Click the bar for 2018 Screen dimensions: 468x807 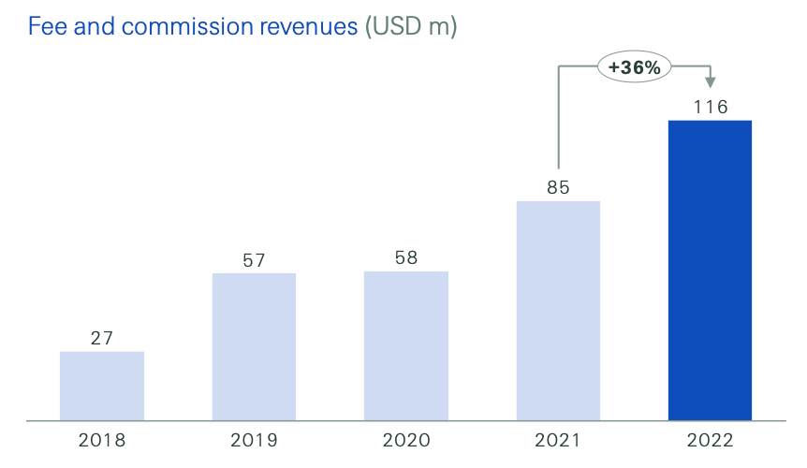[x=102, y=386]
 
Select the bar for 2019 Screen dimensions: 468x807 [x=254, y=346]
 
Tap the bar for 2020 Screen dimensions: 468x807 [x=406, y=345]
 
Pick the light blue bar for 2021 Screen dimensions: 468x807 [x=558, y=311]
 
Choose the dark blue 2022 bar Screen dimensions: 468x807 [x=710, y=271]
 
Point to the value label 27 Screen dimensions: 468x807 [x=102, y=338]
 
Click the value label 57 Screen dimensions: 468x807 [x=254, y=260]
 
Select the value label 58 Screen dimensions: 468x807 [x=406, y=257]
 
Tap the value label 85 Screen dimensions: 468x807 [x=558, y=187]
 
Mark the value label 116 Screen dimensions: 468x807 [x=711, y=107]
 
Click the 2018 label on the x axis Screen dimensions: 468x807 [x=102, y=440]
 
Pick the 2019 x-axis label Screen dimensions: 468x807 [x=254, y=440]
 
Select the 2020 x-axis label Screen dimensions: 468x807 [x=406, y=440]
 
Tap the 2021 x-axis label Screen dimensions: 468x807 [x=558, y=440]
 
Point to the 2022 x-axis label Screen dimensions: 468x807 [x=711, y=440]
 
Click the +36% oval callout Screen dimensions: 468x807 [x=635, y=66]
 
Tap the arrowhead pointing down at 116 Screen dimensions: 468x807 [x=711, y=83]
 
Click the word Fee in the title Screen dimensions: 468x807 [x=46, y=26]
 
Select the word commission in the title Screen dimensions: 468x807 [x=175, y=26]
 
